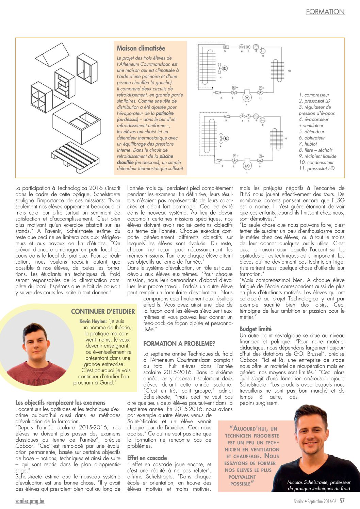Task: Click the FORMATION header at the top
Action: point(325,12)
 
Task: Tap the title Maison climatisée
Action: point(141,48)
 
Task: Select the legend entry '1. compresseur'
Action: point(314,95)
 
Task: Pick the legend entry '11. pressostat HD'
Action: point(316,168)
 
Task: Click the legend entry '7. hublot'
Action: point(308,144)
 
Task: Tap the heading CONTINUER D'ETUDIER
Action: point(103,312)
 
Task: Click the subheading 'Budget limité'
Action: point(256,329)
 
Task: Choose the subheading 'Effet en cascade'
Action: point(147,458)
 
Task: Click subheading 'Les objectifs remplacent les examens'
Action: point(60,403)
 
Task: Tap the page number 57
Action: point(342,501)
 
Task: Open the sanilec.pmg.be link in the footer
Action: point(30,501)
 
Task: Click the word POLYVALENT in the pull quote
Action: point(242,477)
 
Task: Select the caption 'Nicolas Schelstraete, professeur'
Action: point(319,482)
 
